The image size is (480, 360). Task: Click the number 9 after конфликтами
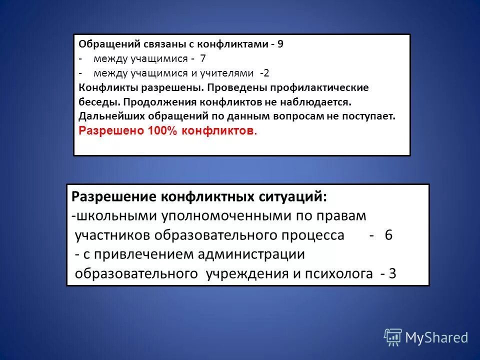(x=280, y=44)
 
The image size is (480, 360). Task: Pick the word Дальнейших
(x=110, y=116)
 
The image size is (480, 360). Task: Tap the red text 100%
(x=163, y=131)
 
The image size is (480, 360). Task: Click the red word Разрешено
(x=111, y=131)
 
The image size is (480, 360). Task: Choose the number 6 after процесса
(x=388, y=235)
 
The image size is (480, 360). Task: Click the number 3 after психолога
(x=392, y=274)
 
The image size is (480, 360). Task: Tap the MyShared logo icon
(x=393, y=337)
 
